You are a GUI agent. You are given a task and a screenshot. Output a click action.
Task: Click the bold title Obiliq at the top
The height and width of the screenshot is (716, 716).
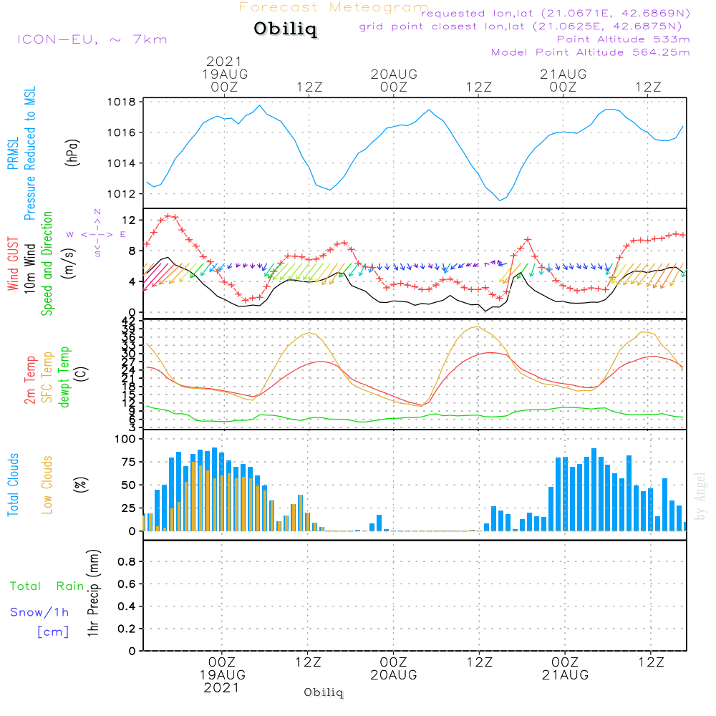284,30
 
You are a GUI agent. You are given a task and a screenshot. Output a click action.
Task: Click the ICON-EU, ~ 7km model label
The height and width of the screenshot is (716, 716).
92,39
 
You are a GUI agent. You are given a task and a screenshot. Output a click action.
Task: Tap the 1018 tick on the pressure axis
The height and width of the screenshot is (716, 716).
123,102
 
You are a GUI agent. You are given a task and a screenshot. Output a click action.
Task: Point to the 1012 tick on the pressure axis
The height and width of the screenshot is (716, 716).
123,194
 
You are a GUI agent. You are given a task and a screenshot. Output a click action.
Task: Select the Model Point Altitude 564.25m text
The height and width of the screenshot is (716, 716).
590,52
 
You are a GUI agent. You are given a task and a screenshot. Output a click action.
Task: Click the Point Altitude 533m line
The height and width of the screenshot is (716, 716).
623,39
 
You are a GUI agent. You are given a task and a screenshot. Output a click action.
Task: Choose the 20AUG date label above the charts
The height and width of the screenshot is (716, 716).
393,74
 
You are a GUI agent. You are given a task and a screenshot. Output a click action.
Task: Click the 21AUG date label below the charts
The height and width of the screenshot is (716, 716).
564,675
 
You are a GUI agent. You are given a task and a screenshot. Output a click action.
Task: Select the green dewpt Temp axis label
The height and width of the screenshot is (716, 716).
64,377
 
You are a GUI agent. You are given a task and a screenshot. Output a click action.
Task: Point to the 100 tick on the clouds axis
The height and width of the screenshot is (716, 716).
125,439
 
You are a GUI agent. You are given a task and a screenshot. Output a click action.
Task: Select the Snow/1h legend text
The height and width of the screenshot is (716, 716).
39,612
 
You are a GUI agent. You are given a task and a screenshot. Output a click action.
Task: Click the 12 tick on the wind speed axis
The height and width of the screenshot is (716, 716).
130,220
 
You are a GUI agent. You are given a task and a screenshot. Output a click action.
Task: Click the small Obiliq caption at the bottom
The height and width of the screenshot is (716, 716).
324,692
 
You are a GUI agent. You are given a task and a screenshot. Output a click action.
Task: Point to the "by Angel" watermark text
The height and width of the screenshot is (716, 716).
700,497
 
